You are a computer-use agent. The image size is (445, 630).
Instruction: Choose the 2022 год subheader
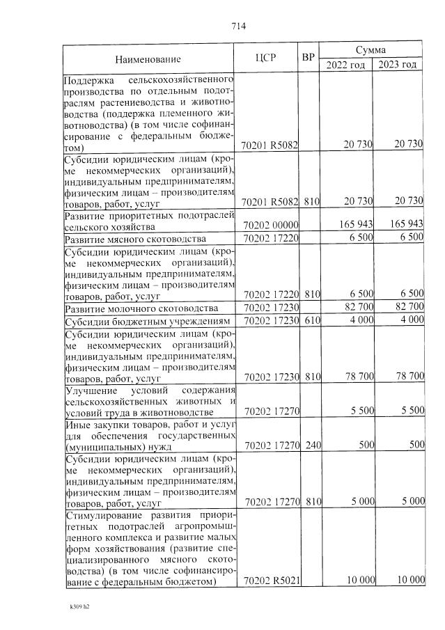(x=345, y=65)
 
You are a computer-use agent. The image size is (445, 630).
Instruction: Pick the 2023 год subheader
(x=397, y=65)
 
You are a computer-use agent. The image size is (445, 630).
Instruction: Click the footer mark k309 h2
(x=79, y=606)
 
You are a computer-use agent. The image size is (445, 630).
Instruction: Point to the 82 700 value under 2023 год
(x=407, y=307)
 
